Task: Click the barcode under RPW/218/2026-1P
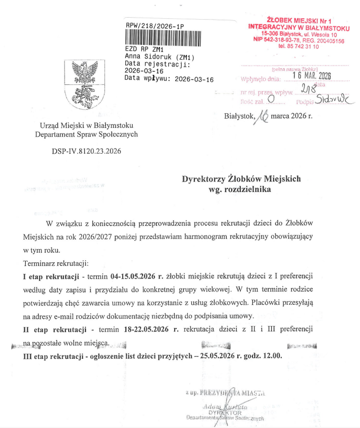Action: point(163,38)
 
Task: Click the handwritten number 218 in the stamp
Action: point(308,89)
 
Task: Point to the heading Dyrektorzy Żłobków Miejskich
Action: point(242,179)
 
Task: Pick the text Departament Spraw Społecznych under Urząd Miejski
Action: point(86,134)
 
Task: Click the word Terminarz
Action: point(40,264)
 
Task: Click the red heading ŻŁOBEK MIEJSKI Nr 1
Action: point(295,19)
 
